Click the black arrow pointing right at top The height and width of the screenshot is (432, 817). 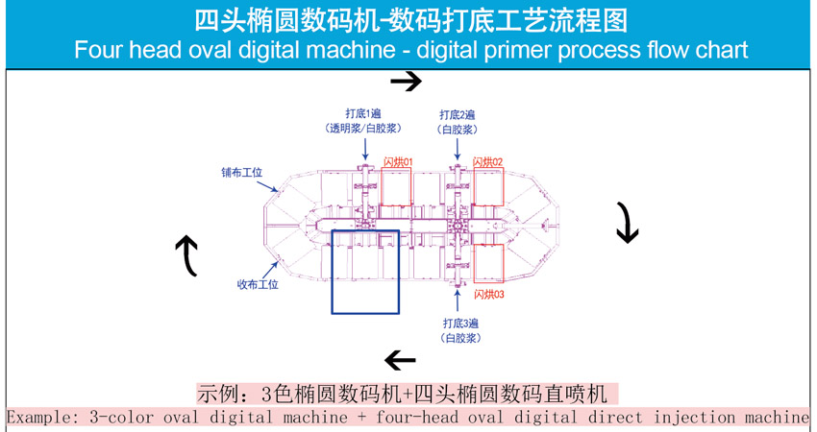coord(406,82)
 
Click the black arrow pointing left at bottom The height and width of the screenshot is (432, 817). coord(400,361)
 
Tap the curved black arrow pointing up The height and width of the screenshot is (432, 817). coord(186,255)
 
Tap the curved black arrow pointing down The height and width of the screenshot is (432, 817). coord(627,223)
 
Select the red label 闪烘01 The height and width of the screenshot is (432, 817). coord(397,162)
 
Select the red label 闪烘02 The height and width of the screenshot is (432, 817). coord(488,162)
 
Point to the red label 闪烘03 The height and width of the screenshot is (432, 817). coord(489,295)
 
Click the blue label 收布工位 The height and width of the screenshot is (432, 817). coord(258,284)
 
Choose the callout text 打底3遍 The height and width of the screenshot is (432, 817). coord(460,324)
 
